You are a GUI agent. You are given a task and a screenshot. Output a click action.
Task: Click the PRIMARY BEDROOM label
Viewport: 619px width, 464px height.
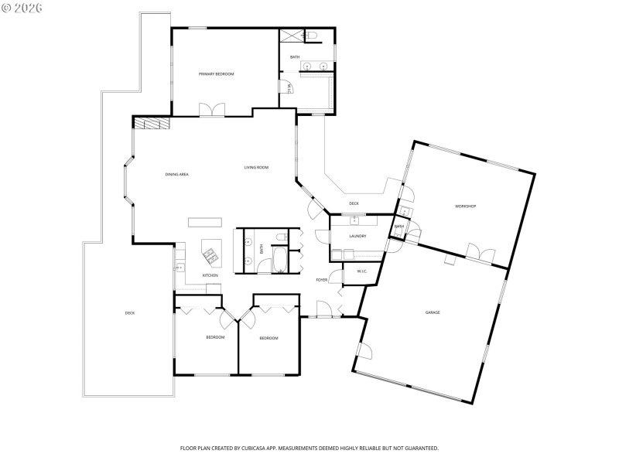(x=216, y=73)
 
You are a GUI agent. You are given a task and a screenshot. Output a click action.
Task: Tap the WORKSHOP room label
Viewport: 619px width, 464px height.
(x=465, y=206)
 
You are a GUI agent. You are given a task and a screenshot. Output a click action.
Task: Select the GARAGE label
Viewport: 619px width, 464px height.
(x=432, y=312)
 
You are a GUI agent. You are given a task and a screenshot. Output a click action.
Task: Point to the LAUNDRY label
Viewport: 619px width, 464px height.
(x=357, y=236)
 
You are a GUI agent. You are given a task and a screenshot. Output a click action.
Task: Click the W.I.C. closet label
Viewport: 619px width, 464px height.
(x=361, y=271)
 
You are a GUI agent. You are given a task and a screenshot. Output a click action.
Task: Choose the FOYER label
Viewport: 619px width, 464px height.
(x=321, y=280)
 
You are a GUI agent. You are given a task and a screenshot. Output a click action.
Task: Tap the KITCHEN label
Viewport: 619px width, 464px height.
(x=210, y=275)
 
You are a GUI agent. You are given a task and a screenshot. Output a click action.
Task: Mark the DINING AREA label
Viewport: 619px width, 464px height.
(x=176, y=175)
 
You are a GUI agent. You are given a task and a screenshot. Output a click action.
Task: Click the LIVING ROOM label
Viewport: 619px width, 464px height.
(x=256, y=167)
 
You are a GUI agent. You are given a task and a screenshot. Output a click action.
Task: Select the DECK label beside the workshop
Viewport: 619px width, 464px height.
(x=354, y=204)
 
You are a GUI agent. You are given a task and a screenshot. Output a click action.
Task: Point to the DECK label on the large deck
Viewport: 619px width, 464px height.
(x=130, y=313)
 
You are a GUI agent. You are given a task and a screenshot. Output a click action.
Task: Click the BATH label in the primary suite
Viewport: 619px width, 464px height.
(x=295, y=57)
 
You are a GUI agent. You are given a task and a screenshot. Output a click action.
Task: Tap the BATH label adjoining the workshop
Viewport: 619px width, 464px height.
(x=399, y=227)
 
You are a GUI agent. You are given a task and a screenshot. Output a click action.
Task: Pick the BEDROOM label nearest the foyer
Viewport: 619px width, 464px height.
(x=268, y=338)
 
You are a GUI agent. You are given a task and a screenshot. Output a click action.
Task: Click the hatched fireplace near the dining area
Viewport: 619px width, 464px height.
(x=152, y=122)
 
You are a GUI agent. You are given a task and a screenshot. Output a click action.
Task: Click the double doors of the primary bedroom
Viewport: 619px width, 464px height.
(x=211, y=110)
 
